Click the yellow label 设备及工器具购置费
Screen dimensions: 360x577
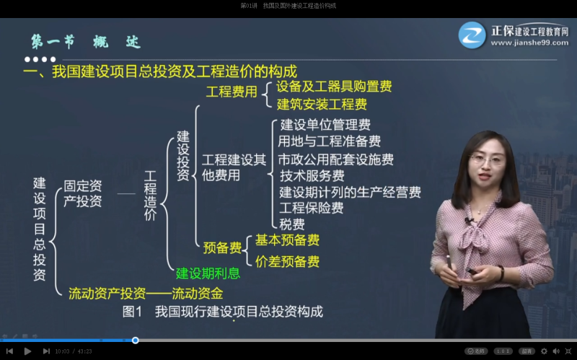click(x=334, y=87)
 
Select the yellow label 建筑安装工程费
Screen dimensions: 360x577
click(x=322, y=105)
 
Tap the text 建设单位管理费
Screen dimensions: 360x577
click(x=325, y=125)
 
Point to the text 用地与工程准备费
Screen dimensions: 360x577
click(x=330, y=141)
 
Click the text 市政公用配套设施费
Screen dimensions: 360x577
click(x=336, y=159)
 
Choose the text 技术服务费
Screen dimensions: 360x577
click(x=312, y=175)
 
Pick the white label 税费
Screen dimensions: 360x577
click(x=291, y=224)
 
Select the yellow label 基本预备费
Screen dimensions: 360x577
click(x=287, y=240)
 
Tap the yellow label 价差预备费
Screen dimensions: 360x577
click(x=287, y=261)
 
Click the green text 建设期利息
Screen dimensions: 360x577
click(x=208, y=274)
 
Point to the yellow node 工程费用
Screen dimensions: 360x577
click(x=232, y=92)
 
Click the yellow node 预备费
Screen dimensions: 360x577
click(x=222, y=248)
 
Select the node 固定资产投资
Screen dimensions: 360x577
click(x=83, y=193)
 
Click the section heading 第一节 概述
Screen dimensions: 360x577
click(x=85, y=42)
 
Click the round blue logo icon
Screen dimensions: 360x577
click(x=472, y=35)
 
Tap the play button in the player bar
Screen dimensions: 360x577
click(x=28, y=351)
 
